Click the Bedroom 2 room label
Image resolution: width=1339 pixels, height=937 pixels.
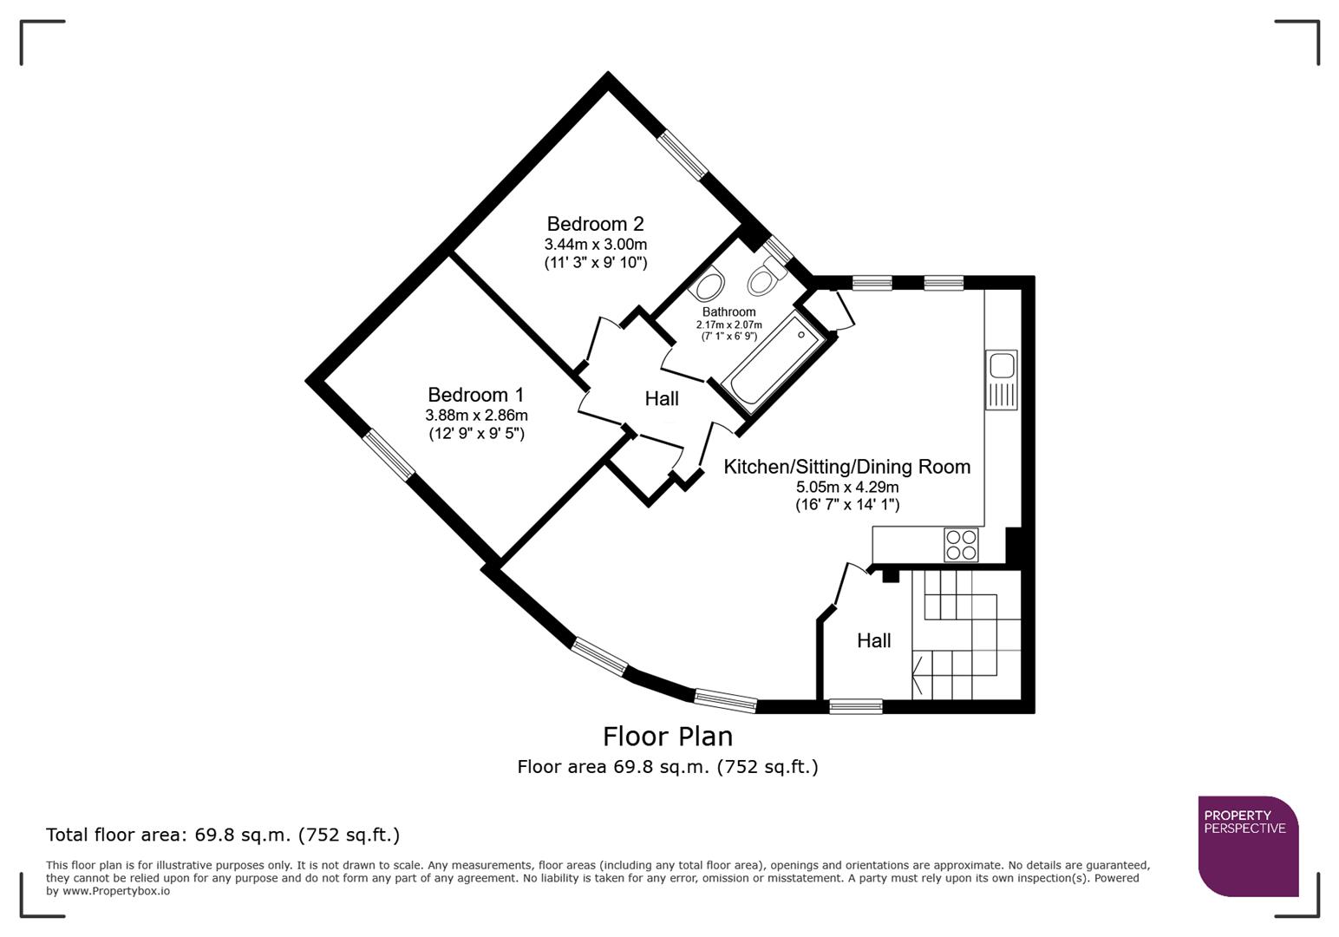click(595, 224)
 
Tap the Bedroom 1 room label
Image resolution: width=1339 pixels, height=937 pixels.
click(475, 395)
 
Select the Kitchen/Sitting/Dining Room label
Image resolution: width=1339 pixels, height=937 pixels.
click(846, 467)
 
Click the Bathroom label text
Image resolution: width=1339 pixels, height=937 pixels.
click(728, 311)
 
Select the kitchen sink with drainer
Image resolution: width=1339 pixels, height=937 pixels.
click(1001, 379)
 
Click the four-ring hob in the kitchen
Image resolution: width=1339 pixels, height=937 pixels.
click(961, 545)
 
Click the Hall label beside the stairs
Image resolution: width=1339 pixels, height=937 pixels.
click(873, 640)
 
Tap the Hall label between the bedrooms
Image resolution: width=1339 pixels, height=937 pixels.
click(662, 399)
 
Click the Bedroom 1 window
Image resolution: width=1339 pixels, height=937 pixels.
click(389, 454)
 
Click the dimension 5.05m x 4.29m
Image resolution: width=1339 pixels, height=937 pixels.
click(846, 487)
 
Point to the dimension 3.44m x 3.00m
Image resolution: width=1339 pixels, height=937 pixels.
click(595, 245)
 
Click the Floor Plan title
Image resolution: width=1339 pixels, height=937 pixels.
click(668, 737)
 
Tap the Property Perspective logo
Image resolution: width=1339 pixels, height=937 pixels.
click(1247, 845)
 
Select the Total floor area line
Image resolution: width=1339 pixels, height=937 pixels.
click(223, 835)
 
